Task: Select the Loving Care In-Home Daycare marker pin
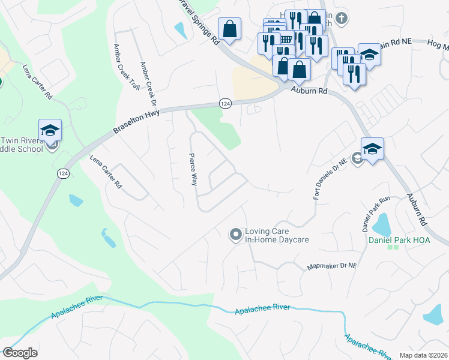point(235,234)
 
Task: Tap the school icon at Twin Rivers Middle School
point(50,130)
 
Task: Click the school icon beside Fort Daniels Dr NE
point(372,148)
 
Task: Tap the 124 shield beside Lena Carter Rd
point(63,173)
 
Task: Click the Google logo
point(20,352)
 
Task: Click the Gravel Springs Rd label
point(199,22)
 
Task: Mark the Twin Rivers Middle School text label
point(22,144)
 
